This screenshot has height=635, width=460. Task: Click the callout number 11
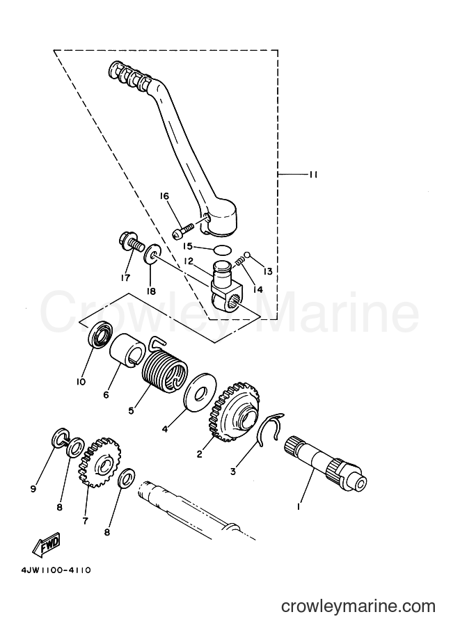[313, 175]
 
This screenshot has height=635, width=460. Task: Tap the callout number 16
[164, 196]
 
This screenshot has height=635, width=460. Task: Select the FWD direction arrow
[46, 545]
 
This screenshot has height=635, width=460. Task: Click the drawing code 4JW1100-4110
[56, 570]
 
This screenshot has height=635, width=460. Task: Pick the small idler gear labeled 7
[99, 461]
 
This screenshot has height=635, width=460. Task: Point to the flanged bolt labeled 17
[131, 243]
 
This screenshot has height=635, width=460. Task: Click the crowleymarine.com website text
[358, 606]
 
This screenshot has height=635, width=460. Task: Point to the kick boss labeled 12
[227, 286]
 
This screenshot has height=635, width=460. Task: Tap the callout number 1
[299, 506]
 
